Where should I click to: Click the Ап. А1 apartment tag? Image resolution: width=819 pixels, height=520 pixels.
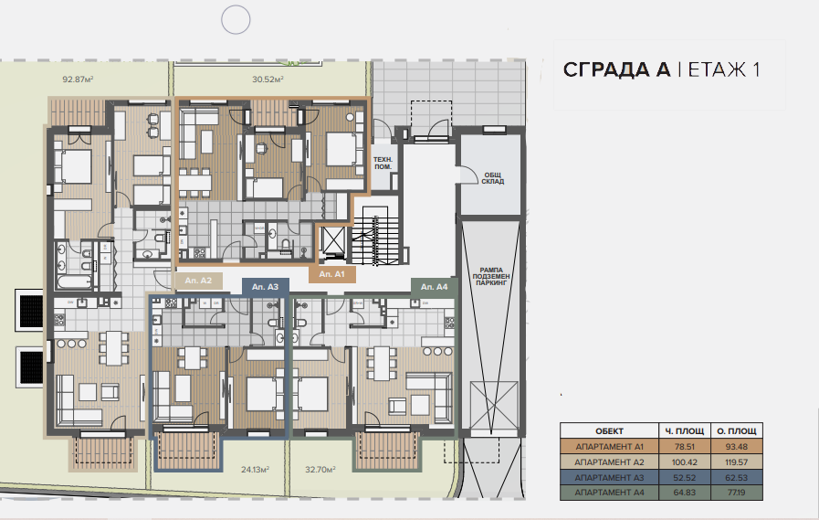332,274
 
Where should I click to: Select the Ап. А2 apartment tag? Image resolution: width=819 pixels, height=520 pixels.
198,281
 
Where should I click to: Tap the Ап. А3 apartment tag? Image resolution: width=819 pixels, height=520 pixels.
266,287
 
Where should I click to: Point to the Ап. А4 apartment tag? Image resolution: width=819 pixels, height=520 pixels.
434,287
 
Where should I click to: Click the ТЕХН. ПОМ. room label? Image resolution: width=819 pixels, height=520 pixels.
383,163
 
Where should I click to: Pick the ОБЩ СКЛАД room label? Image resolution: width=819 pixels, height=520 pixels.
492,178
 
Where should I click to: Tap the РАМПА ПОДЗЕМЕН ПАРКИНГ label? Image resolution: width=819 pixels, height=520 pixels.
491,277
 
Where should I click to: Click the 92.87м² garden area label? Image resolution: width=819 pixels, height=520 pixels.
78,80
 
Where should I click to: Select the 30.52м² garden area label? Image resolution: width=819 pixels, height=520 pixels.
268,80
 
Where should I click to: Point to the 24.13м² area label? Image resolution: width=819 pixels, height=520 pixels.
255,470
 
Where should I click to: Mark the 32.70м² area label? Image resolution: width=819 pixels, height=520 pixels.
320,470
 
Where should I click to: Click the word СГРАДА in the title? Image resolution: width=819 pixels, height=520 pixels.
616,70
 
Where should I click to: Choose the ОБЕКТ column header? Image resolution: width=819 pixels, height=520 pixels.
609,431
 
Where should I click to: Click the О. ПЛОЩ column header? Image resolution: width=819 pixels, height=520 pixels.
737,431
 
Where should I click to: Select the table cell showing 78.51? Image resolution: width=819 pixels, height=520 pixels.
684,447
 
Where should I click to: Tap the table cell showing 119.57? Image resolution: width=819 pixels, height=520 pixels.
737,462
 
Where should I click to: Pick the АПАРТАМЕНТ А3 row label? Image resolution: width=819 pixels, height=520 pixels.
609,478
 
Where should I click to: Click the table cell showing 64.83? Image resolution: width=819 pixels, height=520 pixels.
684,493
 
